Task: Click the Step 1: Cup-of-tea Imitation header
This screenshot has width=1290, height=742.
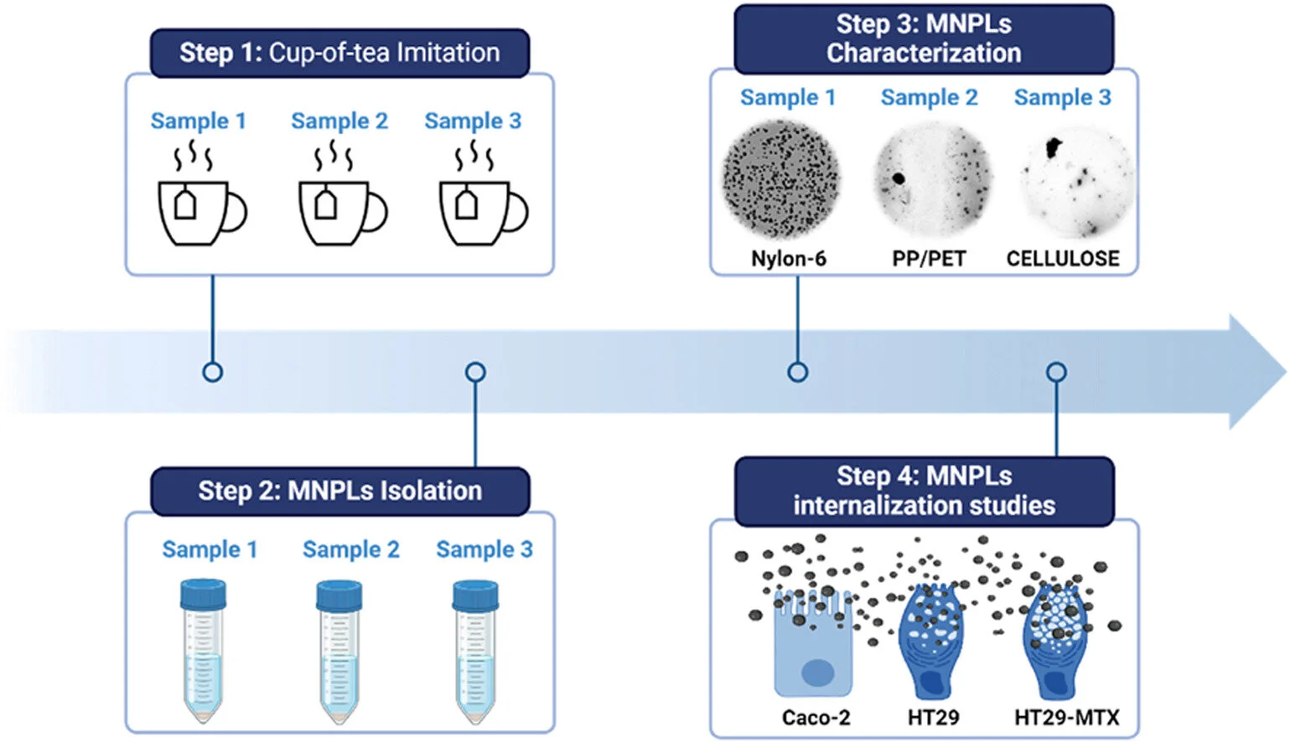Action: click(339, 53)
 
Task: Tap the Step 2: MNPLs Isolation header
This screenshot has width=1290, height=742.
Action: click(339, 491)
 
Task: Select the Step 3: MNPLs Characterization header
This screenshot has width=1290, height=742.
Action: click(924, 39)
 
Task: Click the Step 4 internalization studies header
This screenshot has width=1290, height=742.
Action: click(924, 491)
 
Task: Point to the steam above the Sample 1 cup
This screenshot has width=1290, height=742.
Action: click(193, 156)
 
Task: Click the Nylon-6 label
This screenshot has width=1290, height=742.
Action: click(788, 259)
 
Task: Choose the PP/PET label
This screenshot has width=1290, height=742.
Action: click(929, 259)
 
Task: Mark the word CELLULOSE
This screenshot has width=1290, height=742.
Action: click(1063, 259)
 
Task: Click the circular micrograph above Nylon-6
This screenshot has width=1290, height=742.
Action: click(781, 179)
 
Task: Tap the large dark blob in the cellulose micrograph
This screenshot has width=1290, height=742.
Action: click(1052, 148)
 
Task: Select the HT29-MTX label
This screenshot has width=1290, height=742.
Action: click(1066, 718)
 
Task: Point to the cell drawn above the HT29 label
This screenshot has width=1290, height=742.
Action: click(931, 641)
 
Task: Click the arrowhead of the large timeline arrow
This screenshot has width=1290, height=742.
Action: click(1256, 372)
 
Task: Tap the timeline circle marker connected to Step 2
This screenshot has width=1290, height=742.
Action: click(475, 372)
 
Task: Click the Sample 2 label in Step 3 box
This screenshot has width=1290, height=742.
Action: click(929, 98)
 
